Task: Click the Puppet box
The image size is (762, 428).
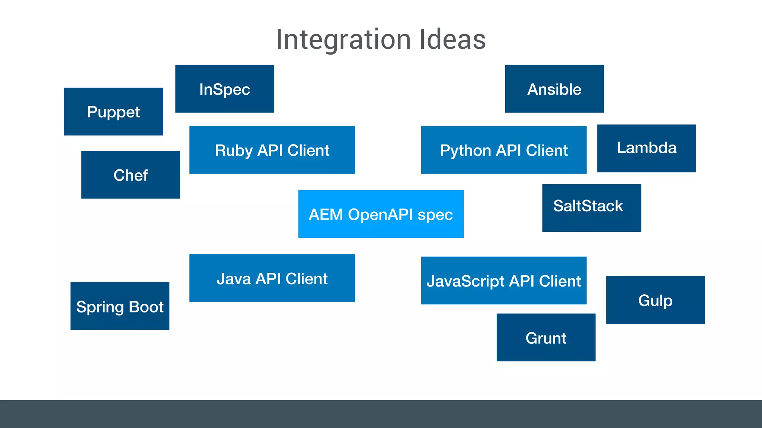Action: tap(113, 111)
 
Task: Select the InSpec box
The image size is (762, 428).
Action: tap(225, 89)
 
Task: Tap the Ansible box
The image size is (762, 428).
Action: tap(554, 89)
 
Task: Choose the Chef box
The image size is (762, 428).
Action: tap(131, 175)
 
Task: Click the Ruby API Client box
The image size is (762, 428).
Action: tap(272, 150)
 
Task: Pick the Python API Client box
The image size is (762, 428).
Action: tap(504, 150)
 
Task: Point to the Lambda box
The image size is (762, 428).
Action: tap(646, 148)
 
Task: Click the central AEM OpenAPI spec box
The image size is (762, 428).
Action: tap(381, 214)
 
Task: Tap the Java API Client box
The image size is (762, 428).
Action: tap(272, 278)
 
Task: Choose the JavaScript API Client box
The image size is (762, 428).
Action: tap(504, 281)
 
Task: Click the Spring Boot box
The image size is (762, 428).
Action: tap(120, 306)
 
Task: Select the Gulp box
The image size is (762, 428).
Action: tap(655, 300)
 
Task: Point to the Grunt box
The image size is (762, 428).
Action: tap(546, 337)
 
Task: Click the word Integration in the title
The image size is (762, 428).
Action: tap(343, 40)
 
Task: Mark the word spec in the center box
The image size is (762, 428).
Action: tap(435, 215)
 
